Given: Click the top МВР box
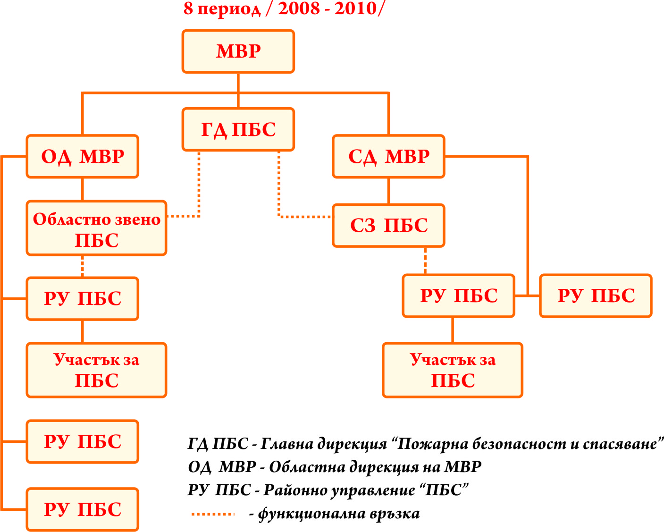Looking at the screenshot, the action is click(238, 51).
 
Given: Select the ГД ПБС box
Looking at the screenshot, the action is click(238, 129).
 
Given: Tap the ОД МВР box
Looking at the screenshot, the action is click(83, 156).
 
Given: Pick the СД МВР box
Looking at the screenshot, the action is click(388, 156).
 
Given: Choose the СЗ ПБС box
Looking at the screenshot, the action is click(388, 226).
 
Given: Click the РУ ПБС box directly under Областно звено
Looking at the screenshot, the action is click(83, 299).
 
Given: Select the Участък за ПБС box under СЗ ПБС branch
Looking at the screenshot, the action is click(452, 370).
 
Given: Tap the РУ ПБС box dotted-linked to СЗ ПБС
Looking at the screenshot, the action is click(459, 296).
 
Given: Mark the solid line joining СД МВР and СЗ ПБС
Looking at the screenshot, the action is click(388, 191).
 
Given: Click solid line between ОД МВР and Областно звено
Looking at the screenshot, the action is click(83, 189).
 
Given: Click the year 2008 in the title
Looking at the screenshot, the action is click(299, 8).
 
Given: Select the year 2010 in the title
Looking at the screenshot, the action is click(356, 8).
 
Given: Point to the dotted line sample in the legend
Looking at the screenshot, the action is click(212, 514).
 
